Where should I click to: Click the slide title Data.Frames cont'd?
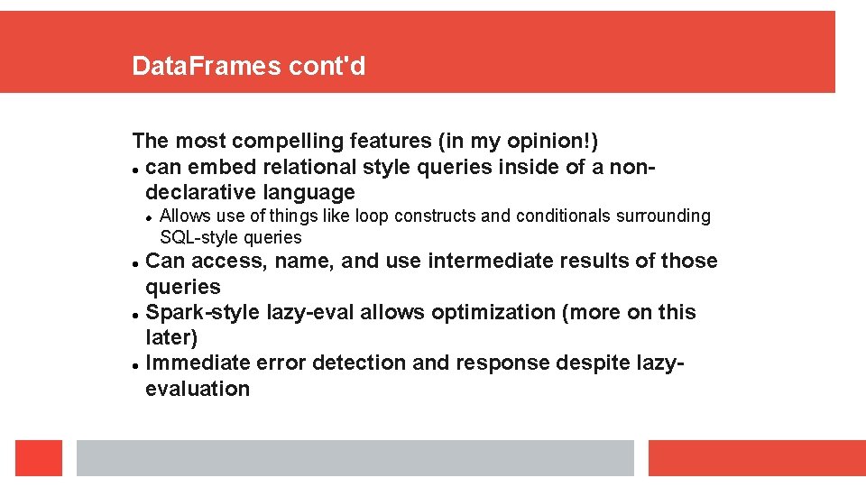click(248, 66)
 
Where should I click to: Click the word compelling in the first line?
click(285, 142)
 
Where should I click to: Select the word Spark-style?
click(204, 313)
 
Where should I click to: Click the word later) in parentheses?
click(171, 338)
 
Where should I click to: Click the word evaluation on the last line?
click(198, 390)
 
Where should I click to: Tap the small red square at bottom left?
click(39, 458)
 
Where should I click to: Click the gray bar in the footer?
click(355, 458)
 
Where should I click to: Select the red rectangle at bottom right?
click(757, 458)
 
